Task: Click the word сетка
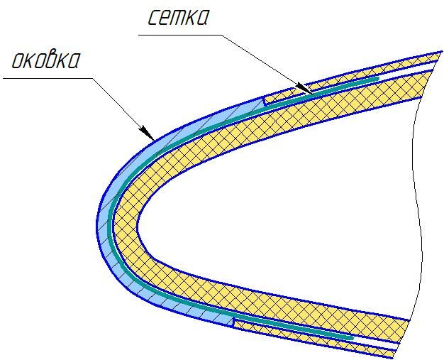point(178,18)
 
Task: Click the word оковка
point(45,60)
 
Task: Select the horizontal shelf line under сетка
point(180,36)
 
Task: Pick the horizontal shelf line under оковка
point(48,78)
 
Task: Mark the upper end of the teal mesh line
point(378,78)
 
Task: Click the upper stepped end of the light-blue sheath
point(264,102)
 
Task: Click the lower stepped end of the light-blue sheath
point(233,322)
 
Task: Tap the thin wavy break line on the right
point(416,198)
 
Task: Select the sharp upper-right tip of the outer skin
point(442,51)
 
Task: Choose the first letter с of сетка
point(154,18)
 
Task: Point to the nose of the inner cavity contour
point(138,224)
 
